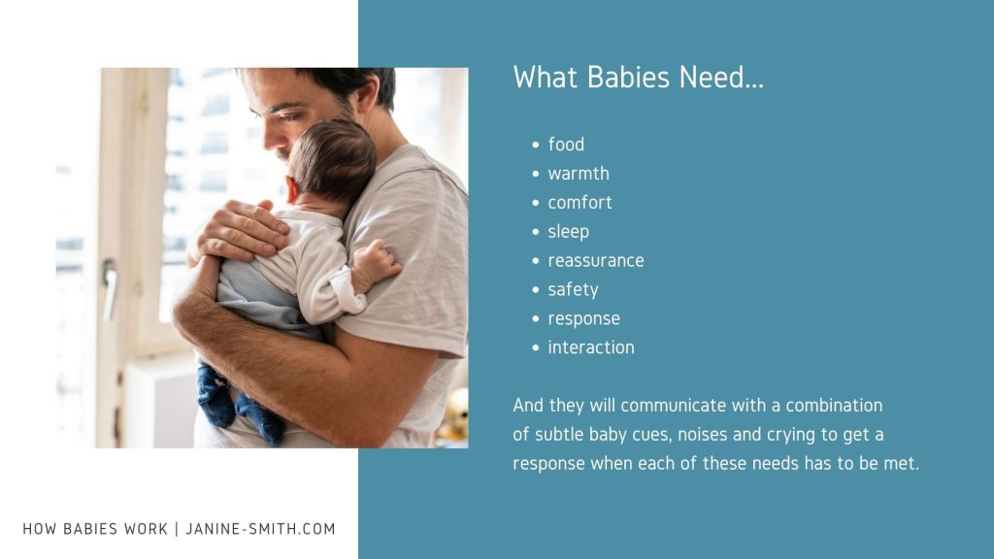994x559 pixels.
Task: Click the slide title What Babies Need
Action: coord(639,78)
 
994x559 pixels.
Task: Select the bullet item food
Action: coord(566,145)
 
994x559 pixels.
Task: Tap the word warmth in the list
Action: coord(579,174)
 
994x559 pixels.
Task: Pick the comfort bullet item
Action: coord(580,203)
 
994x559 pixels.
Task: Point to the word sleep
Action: coord(569,232)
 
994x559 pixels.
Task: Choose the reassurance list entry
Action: coord(596,261)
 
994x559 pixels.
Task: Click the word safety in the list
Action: coord(573,290)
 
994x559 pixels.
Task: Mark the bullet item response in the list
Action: coord(583,318)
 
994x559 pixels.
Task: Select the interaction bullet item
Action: coord(591,348)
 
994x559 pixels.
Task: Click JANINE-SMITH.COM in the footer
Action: coord(260,529)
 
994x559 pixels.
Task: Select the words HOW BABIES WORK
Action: coord(95,529)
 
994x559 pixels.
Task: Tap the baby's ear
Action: coord(291,189)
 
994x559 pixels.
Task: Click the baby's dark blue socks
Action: coord(240,406)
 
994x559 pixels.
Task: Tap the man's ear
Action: coord(366,94)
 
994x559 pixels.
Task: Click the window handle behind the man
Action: coord(110,288)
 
